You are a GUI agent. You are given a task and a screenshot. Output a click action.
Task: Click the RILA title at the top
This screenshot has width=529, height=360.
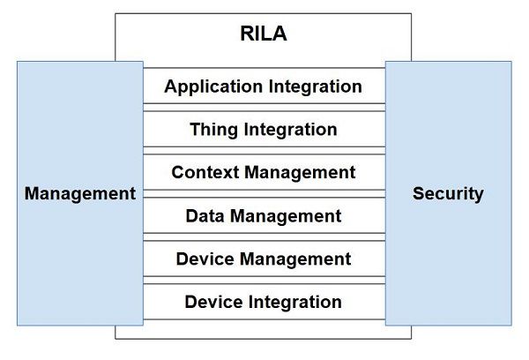click(264, 36)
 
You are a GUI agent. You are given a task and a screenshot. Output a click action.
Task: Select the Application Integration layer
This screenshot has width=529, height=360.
click(264, 86)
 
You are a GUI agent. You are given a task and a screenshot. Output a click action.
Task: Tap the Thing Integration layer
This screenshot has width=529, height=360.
click(264, 130)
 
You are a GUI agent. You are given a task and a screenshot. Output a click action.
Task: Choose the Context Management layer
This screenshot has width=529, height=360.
click(264, 172)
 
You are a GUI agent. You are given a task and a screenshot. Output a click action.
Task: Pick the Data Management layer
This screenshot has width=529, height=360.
click(264, 215)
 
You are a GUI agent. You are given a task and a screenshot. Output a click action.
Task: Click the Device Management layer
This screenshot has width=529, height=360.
click(264, 259)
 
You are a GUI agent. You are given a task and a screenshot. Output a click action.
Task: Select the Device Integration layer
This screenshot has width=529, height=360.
click(264, 302)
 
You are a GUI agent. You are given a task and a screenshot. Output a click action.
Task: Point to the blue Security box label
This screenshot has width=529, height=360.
click(448, 193)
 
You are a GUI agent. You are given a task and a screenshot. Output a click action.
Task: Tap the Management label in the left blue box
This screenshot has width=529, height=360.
click(80, 193)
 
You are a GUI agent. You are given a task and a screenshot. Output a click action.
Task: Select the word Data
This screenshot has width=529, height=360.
click(204, 215)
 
